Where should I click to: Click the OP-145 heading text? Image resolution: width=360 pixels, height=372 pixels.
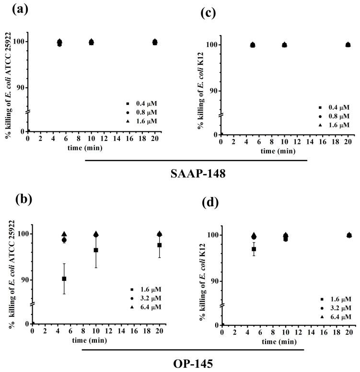[192, 362]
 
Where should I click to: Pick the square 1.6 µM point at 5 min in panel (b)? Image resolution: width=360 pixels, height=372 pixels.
[64, 279]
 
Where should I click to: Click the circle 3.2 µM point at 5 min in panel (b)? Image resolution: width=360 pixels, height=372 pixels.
[64, 240]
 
